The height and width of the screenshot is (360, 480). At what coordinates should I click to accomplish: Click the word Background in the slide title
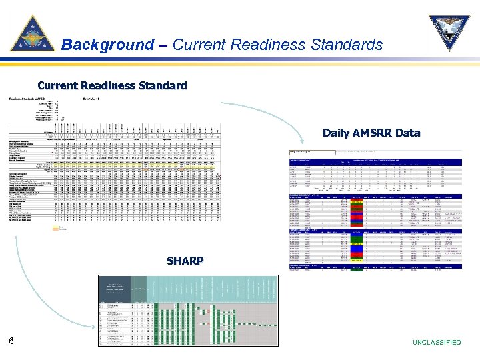(x=107, y=45)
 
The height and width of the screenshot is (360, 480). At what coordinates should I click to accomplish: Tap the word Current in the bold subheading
(x=57, y=86)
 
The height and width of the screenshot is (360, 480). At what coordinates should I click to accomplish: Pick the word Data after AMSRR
(x=408, y=133)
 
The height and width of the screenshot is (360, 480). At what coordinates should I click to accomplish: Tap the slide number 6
(x=11, y=341)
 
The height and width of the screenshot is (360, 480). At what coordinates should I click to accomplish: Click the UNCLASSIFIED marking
(x=437, y=342)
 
